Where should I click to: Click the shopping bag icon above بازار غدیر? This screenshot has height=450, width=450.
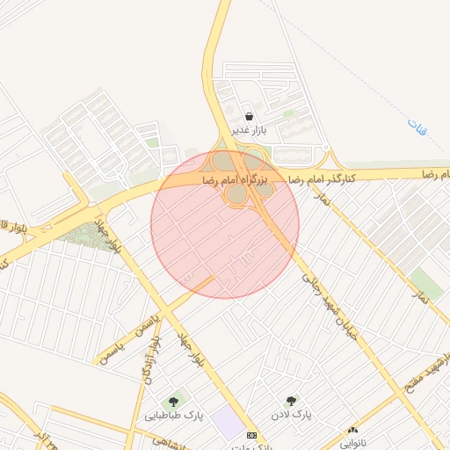(x=250, y=116)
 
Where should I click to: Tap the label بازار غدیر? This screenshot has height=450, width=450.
(x=250, y=131)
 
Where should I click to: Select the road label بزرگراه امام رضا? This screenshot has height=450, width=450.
(x=234, y=178)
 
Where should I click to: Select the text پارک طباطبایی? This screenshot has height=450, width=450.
(x=174, y=416)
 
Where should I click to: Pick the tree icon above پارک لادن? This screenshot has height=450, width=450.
(x=291, y=401)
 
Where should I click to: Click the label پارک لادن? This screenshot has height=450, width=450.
(x=291, y=414)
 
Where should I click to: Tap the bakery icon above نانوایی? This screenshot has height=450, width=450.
(x=352, y=430)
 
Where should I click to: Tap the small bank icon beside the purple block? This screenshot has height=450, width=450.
(x=252, y=436)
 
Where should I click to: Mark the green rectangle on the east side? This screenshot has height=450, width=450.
(x=425, y=283)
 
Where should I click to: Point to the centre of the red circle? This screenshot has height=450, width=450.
(x=225, y=224)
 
